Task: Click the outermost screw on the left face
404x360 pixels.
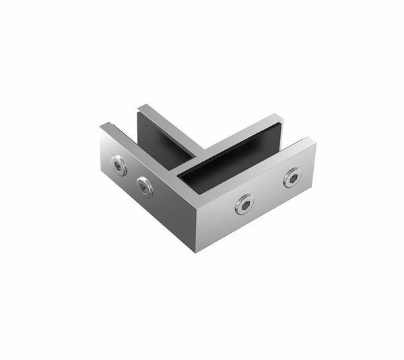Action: (x=119, y=166)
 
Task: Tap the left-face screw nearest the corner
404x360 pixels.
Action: (x=145, y=186)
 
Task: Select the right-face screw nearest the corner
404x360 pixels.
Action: (x=244, y=204)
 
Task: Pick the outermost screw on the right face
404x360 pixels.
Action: (x=292, y=177)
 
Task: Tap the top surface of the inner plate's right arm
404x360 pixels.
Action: (x=242, y=131)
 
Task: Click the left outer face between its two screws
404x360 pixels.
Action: (x=132, y=176)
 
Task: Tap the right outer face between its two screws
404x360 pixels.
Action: (x=268, y=191)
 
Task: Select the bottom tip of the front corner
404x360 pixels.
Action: (x=196, y=252)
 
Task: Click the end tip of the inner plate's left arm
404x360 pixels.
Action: (x=142, y=106)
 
